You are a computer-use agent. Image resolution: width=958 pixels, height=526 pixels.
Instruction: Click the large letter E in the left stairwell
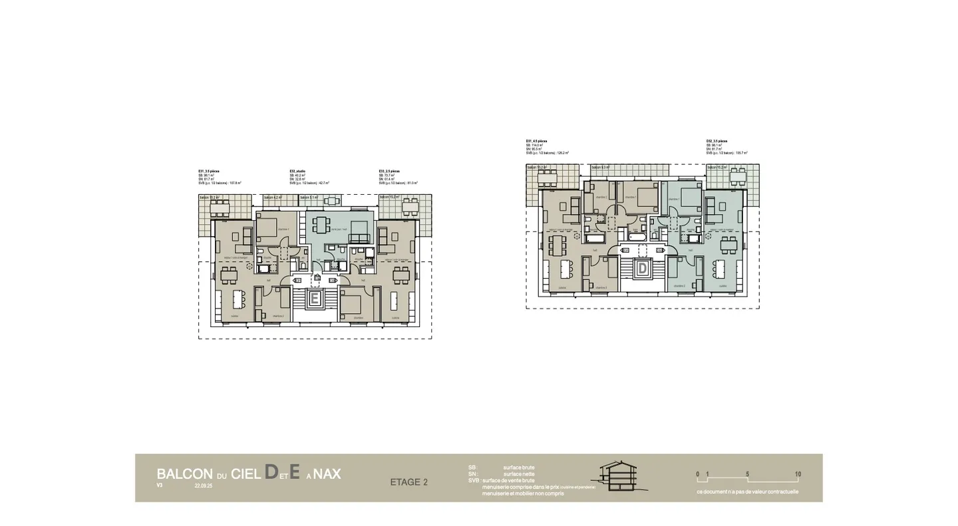coord(315,299)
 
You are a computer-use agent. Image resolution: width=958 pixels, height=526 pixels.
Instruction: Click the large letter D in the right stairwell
coord(643,269)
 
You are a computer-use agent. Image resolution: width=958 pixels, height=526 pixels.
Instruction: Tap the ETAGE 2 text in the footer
coord(408,482)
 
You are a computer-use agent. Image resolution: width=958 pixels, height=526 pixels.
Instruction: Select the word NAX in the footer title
coord(327,474)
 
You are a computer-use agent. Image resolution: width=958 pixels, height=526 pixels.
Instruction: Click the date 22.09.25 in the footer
coord(204,486)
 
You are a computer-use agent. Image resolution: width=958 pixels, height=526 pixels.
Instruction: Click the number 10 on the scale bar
coord(798,474)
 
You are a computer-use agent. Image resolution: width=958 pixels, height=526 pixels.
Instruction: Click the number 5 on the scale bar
coord(748,474)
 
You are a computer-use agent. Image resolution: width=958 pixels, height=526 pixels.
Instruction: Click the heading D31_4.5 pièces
coord(537,141)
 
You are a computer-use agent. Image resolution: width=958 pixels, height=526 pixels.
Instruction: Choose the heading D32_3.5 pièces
coord(717,141)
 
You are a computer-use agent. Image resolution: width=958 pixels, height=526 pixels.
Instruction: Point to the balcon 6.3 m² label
coord(601,168)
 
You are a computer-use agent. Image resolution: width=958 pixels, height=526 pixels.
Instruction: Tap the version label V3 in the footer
coord(160,485)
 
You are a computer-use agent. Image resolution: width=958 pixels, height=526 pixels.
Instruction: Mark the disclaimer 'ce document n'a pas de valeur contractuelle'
coord(748,492)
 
